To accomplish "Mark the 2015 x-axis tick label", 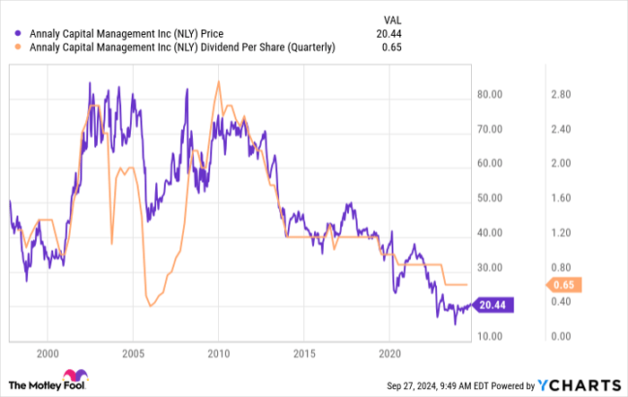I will tap(304, 352).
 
